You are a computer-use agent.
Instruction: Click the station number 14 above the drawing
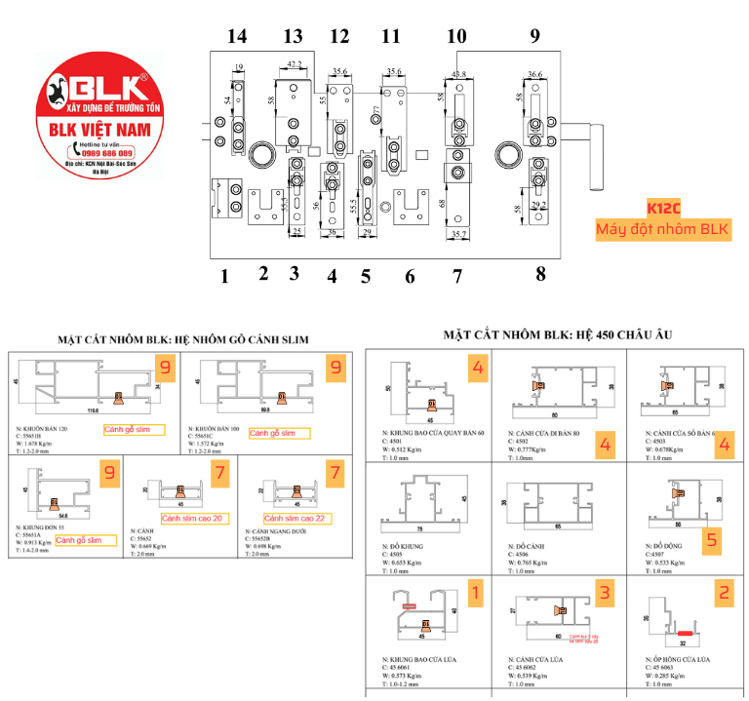pos(236,37)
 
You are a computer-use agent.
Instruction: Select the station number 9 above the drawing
pos(534,37)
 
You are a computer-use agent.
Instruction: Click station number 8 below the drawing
pos(540,274)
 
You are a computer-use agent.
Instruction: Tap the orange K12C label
pos(663,208)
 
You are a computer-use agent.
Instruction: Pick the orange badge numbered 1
pos(475,592)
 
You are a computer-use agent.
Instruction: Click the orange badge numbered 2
pos(724,592)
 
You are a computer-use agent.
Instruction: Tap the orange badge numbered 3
pos(605,592)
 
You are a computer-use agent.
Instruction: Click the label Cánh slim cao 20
pos(191,518)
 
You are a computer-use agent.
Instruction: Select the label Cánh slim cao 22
pos(298,518)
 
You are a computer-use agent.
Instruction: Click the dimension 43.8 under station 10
pos(458,74)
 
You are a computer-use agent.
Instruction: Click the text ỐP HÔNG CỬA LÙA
pos(682,660)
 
